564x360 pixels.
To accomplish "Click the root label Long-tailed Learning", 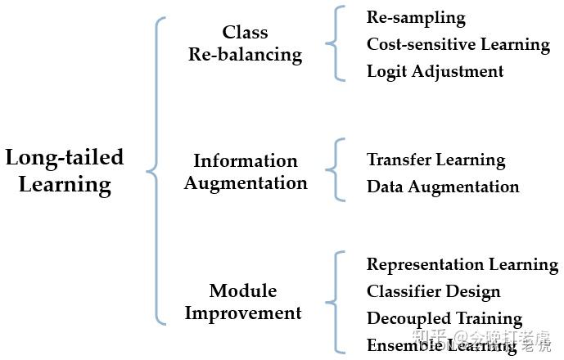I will (65, 170).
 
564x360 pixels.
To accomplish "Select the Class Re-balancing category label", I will (245, 43).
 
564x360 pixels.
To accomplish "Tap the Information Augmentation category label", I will (246, 172).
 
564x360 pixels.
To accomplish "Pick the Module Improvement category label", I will (243, 301).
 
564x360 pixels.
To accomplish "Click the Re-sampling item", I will (416, 17).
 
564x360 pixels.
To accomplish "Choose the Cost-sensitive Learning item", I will (458, 44).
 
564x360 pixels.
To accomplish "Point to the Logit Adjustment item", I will (435, 71).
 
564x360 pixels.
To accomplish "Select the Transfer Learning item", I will (435, 160).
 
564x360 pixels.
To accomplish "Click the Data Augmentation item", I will (442, 187).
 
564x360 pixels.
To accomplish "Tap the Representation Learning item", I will (462, 264).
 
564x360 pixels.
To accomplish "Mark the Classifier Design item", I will (433, 291).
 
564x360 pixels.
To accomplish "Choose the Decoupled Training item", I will (444, 318).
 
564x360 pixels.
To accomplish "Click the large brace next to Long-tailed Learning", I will (156, 170).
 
